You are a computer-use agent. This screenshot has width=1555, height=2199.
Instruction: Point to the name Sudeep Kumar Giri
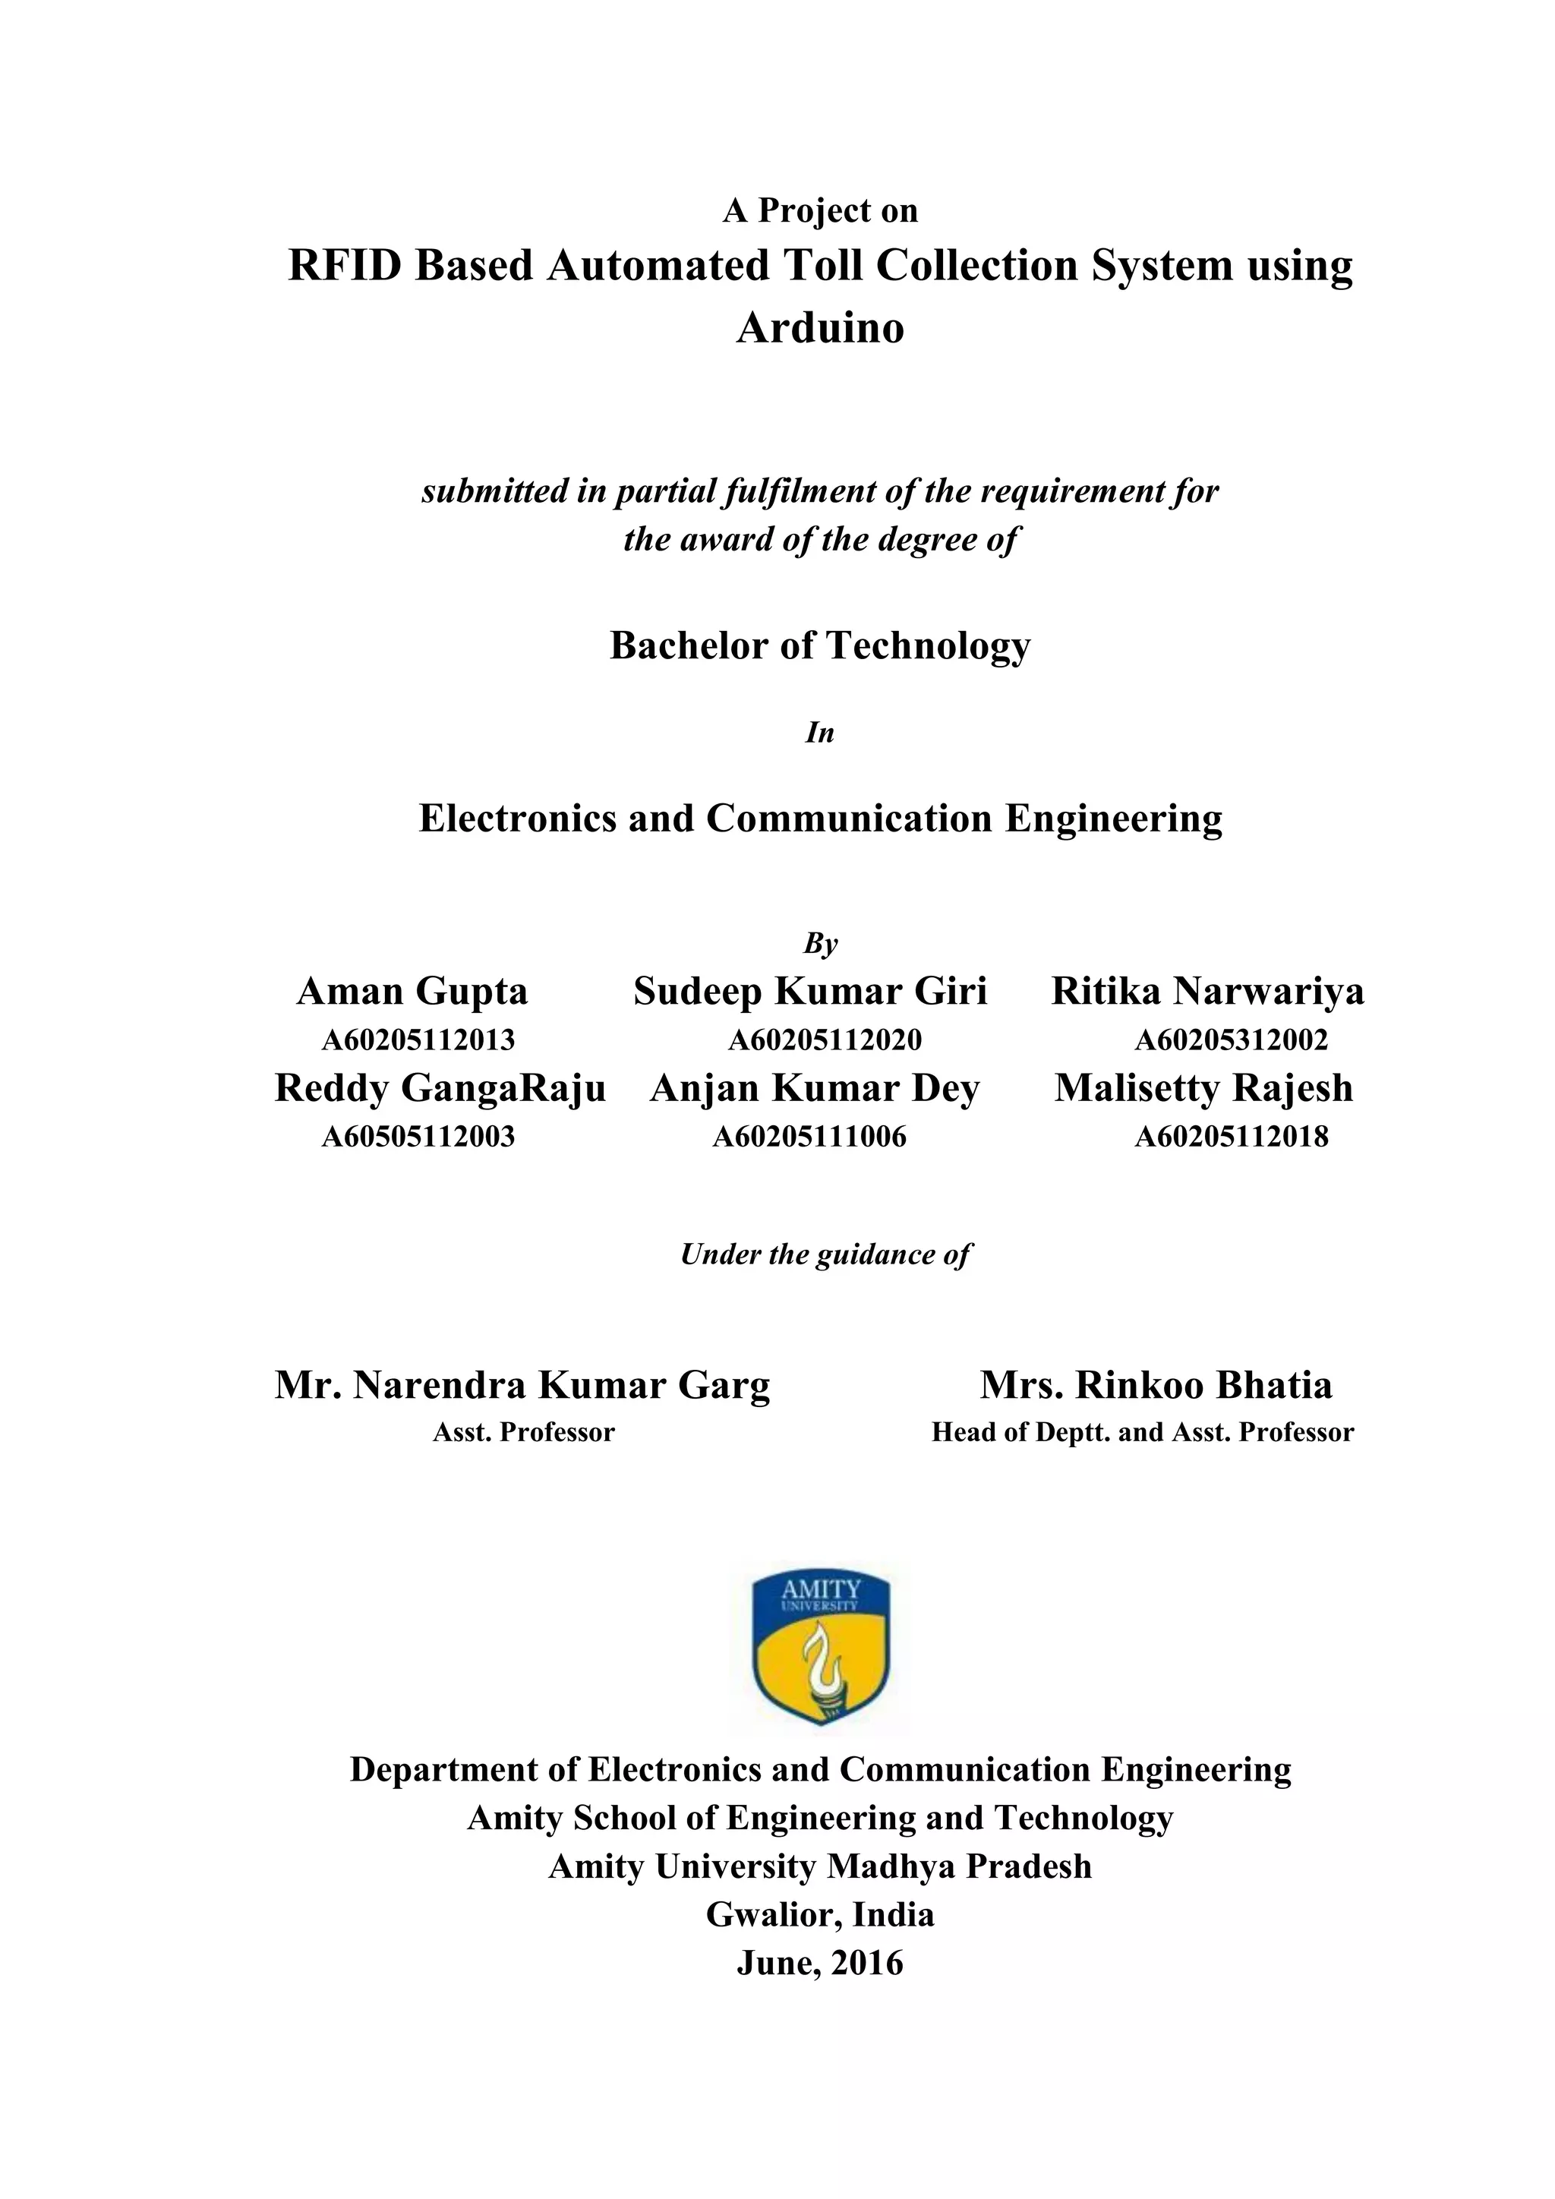tap(810, 991)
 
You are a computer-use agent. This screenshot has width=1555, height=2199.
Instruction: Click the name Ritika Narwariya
tap(1207, 991)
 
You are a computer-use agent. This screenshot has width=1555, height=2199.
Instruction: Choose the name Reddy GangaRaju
tap(440, 1088)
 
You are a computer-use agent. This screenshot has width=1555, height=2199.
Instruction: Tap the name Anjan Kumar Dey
tap(815, 1088)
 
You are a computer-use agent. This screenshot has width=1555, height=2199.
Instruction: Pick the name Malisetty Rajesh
tap(1203, 1088)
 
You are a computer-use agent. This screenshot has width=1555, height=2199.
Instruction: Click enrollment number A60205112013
tap(418, 1040)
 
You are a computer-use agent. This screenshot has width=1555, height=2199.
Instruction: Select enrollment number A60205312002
tap(1232, 1040)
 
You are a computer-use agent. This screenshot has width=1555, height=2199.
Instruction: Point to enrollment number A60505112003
tap(418, 1137)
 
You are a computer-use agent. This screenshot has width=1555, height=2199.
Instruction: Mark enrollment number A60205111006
tap(809, 1137)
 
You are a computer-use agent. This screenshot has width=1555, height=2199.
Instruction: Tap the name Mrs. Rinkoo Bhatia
tap(1156, 1385)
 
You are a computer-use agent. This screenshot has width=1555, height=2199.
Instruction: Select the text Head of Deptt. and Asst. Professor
tap(1142, 1433)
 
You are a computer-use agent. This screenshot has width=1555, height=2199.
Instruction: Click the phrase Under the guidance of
tap(825, 1254)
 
